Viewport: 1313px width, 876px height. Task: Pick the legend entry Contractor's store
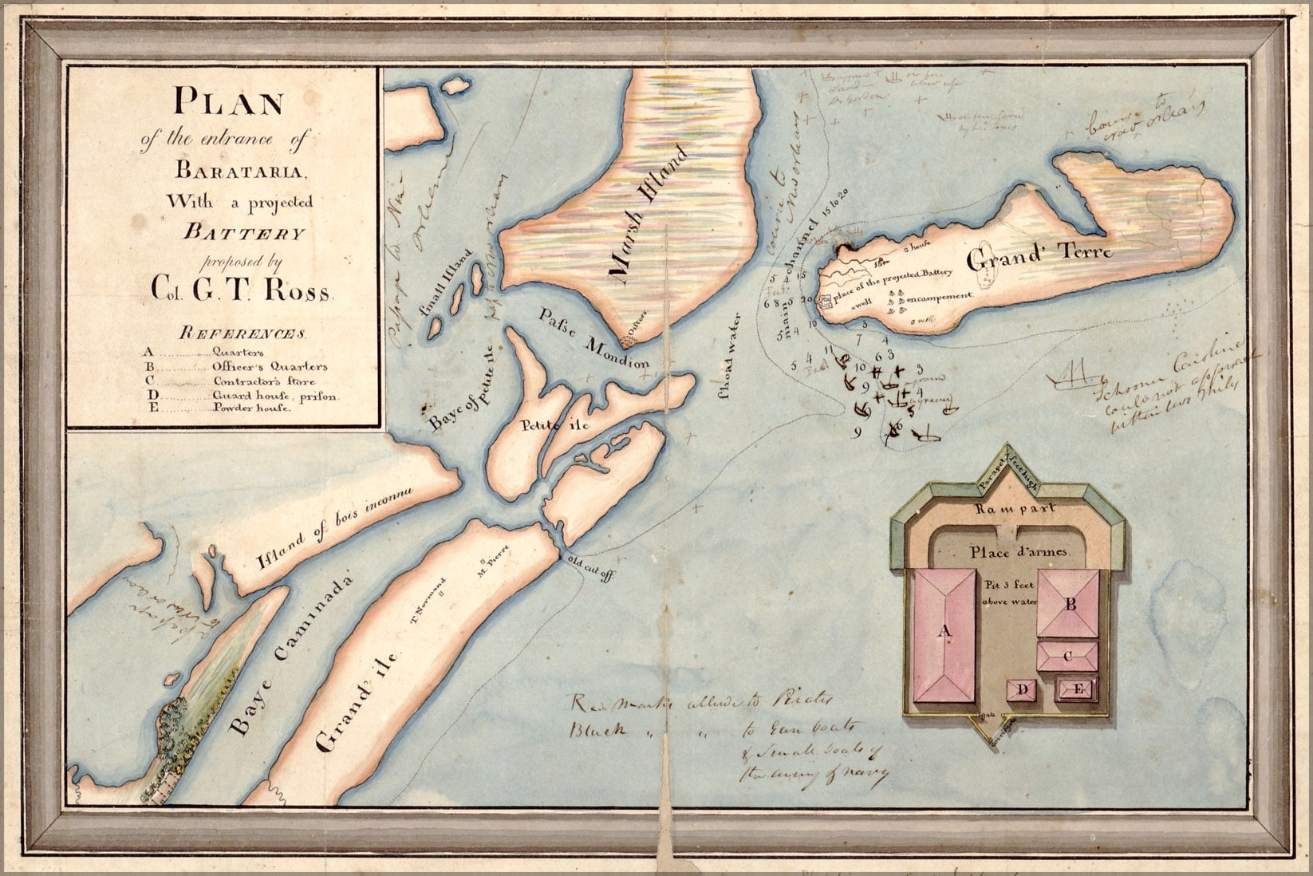coord(258,381)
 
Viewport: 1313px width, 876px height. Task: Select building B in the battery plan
coord(1071,605)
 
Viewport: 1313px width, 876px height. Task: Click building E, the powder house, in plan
coord(1078,689)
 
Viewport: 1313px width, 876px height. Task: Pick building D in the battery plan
coord(1025,690)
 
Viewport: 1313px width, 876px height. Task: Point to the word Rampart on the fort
coord(1015,507)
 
